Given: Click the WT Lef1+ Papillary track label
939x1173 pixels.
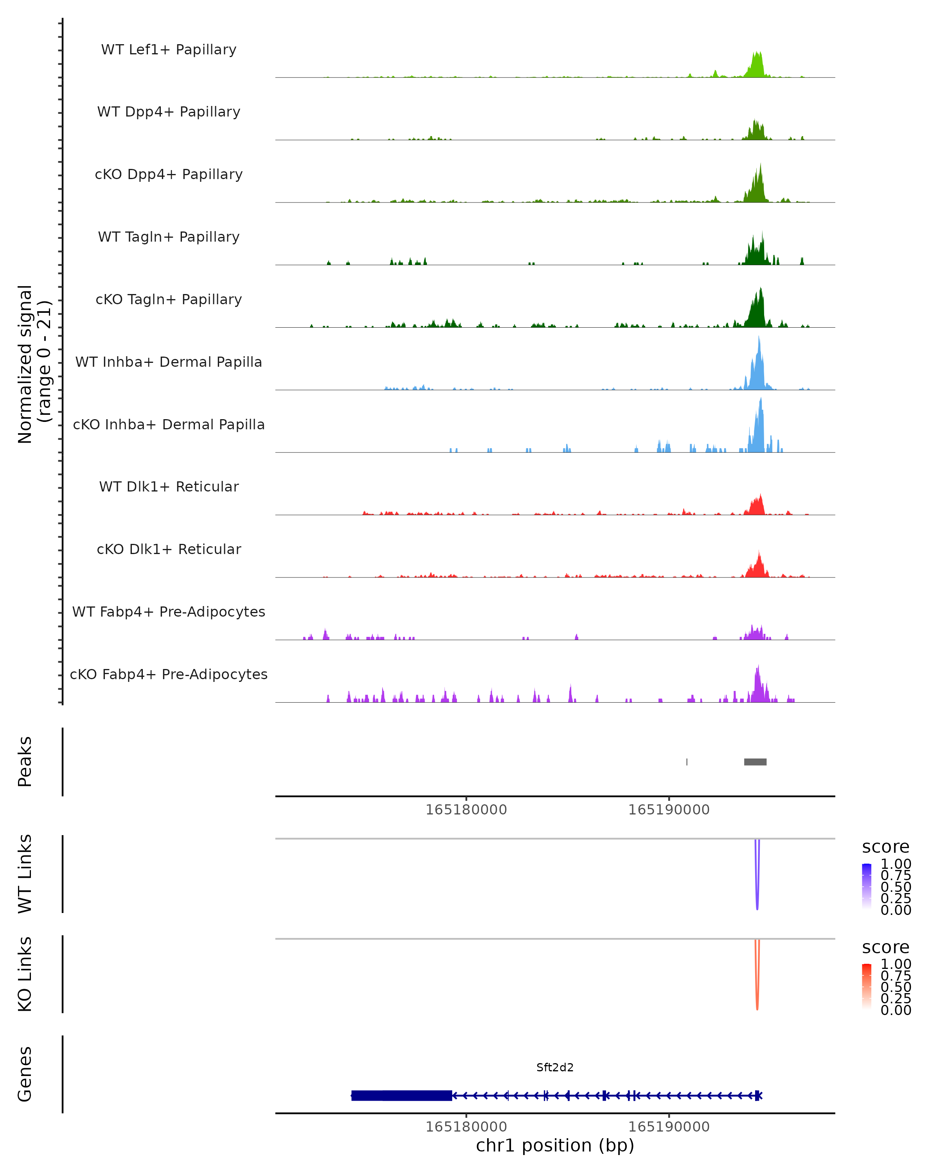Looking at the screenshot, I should (169, 50).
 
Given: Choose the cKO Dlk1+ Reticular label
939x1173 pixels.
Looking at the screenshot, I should (169, 549).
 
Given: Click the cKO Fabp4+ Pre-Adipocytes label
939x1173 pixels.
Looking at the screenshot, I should (169, 674).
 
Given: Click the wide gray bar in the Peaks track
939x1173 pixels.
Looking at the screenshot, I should (755, 762).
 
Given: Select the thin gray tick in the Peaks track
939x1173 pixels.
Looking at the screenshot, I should (687, 762).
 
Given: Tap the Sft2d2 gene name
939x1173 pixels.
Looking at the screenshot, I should (555, 1067).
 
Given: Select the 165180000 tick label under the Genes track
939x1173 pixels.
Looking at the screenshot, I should (466, 1127).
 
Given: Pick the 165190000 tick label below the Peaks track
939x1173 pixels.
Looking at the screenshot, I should (669, 810).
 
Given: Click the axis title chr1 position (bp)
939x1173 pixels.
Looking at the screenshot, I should (555, 1146).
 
